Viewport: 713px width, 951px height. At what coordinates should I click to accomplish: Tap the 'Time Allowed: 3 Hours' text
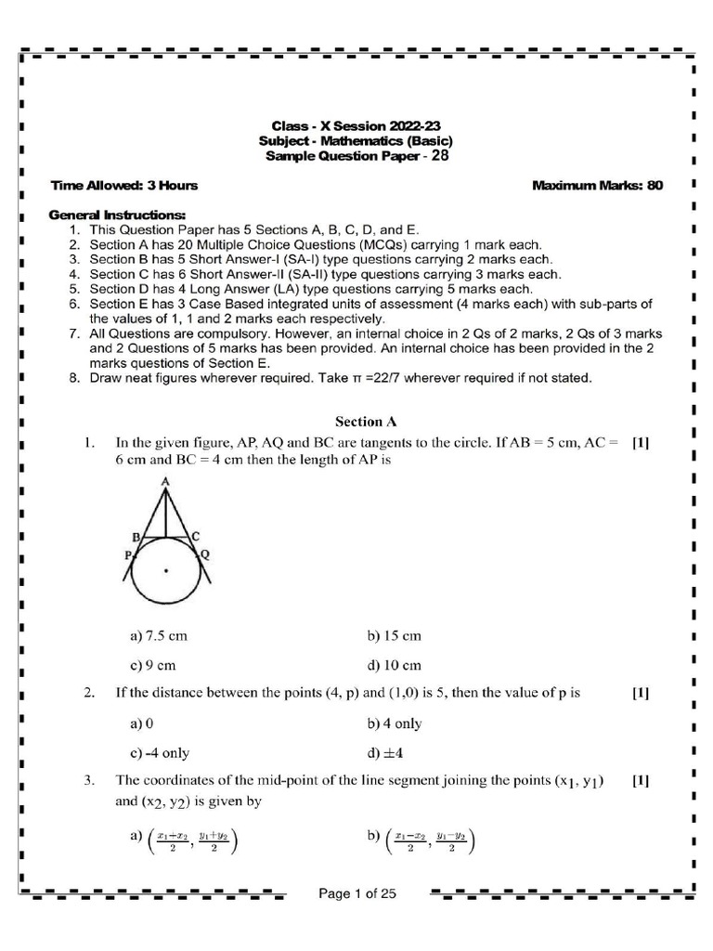[x=123, y=186]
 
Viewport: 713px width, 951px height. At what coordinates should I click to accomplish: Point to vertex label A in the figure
[x=164, y=481]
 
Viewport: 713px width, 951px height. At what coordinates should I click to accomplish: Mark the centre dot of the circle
[x=165, y=570]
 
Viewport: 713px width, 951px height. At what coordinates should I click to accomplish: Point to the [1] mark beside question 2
[x=640, y=694]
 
